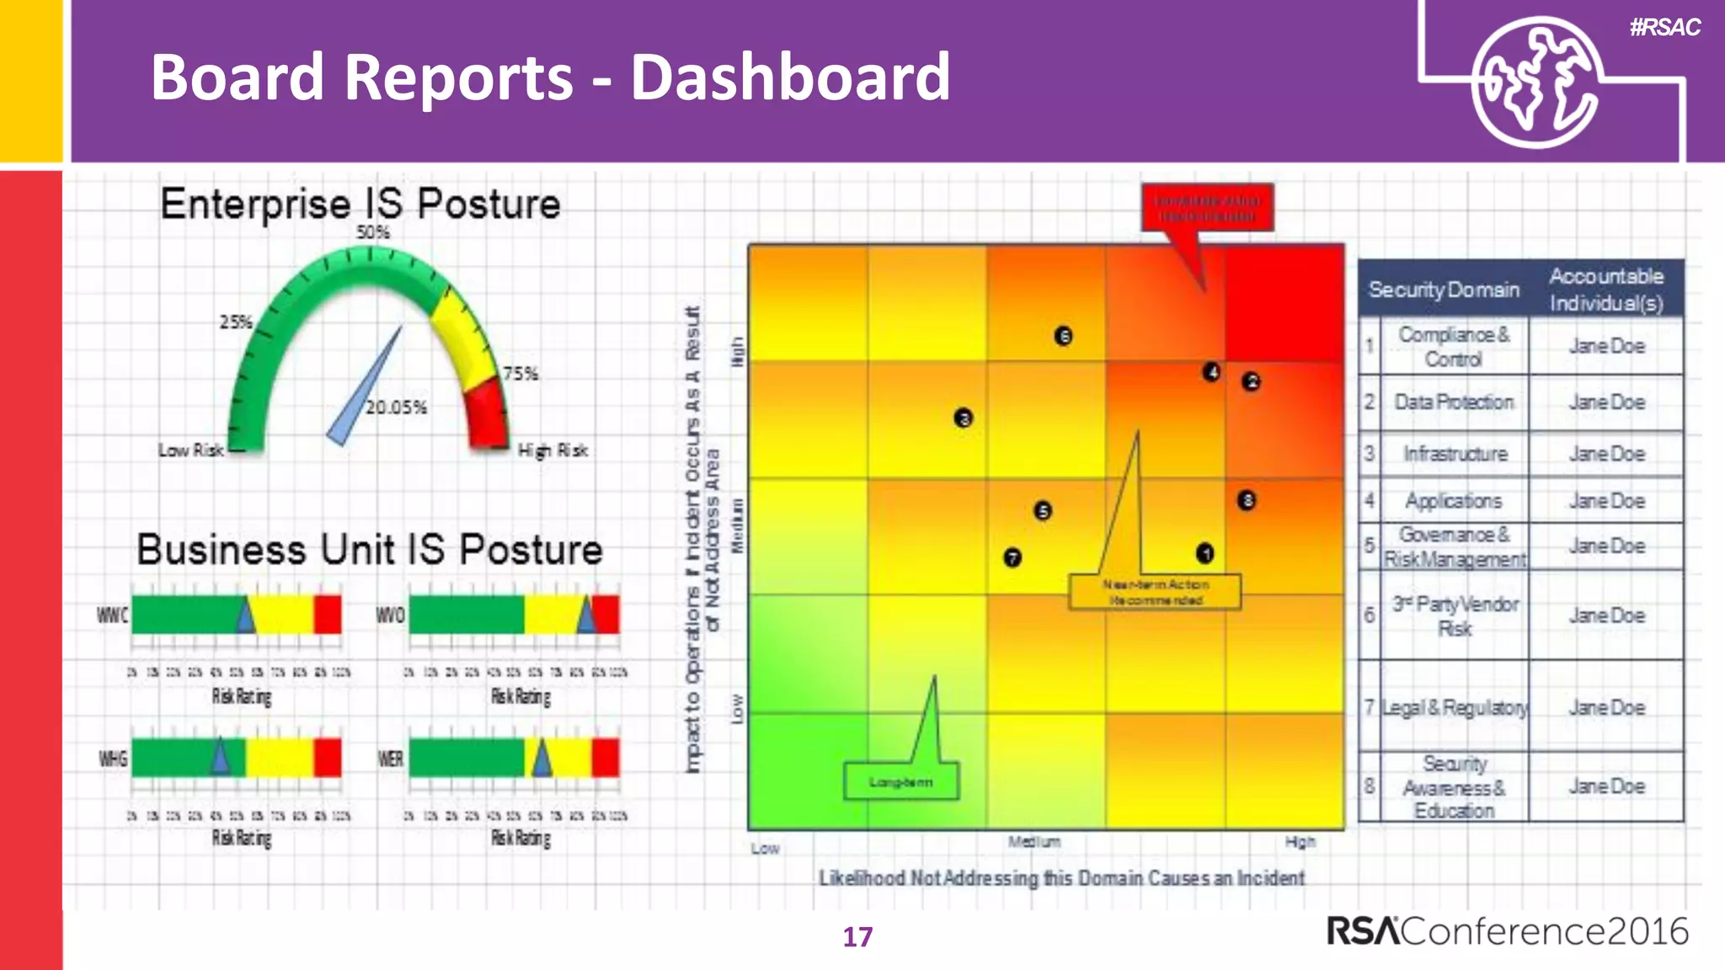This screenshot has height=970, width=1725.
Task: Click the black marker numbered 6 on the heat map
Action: click(1063, 336)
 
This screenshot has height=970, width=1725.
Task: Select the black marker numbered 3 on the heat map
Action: click(963, 418)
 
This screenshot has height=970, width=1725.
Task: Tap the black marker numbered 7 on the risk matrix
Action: click(1012, 557)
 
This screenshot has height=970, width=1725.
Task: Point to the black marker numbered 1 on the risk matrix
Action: click(1204, 553)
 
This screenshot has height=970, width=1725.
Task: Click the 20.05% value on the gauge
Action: click(396, 408)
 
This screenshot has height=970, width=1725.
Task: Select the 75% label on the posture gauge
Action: click(520, 373)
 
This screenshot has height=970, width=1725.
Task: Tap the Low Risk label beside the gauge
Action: click(190, 450)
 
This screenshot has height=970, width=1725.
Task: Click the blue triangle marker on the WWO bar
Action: click(586, 616)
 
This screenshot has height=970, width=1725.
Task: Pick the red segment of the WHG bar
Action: click(328, 758)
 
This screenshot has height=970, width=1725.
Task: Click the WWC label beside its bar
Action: click(112, 616)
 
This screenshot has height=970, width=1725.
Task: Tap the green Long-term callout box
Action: click(900, 782)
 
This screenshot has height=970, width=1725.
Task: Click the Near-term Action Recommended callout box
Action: click(1155, 592)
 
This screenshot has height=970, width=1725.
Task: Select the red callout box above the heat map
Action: click(1206, 207)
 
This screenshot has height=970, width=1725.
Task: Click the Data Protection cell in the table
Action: click(1454, 402)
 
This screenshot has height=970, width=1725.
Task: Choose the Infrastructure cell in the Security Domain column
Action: click(1455, 454)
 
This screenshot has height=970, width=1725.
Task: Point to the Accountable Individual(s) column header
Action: click(1605, 289)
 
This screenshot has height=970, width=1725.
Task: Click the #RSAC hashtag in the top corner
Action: click(1664, 28)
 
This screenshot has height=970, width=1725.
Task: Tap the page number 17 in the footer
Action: click(857, 937)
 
